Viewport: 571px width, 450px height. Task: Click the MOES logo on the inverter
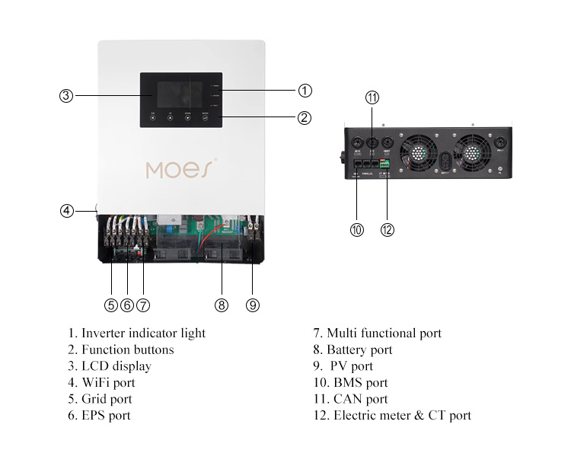(181, 168)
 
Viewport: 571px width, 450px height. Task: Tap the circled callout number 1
(305, 91)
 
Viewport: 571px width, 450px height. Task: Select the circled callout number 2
(305, 118)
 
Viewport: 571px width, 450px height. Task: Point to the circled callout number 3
(66, 96)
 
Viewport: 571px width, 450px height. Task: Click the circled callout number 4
(66, 211)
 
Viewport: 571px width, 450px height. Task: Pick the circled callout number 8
(222, 305)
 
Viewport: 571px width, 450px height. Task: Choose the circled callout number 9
(253, 305)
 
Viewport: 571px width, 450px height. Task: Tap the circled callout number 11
(372, 97)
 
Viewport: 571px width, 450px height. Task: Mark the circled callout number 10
(356, 229)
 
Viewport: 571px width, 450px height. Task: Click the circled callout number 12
(388, 229)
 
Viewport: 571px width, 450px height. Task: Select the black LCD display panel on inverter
(181, 100)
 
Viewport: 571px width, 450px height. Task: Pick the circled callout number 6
(127, 305)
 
